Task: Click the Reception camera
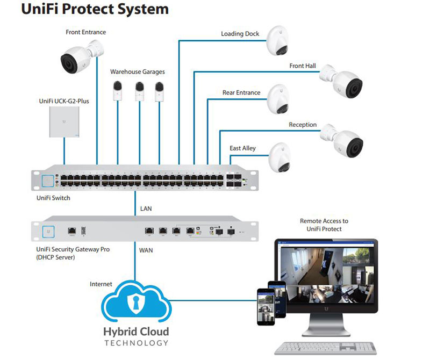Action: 341,139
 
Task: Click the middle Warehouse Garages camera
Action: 140,90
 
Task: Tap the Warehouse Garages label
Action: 138,71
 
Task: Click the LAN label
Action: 146,207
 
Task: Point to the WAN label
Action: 146,250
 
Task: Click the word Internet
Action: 101,284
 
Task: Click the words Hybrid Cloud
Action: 136,331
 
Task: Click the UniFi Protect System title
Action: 95,9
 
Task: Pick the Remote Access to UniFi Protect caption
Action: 324,225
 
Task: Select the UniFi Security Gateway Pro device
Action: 146,230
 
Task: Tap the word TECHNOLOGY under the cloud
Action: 136,343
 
